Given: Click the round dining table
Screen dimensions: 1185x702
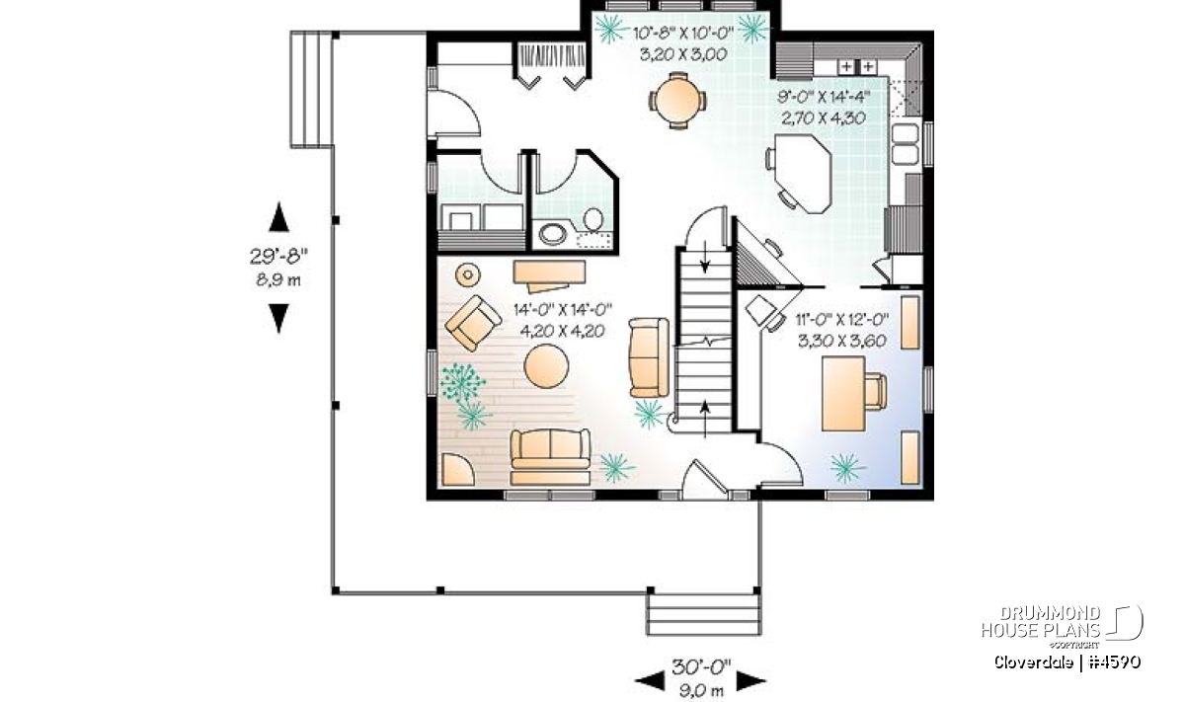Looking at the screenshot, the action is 677,100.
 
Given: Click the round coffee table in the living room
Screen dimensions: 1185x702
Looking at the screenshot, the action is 546,365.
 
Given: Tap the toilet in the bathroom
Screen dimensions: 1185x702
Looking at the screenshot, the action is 593,219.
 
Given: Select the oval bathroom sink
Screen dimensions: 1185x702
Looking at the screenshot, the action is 553,233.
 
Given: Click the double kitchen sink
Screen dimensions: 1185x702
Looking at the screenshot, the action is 905,143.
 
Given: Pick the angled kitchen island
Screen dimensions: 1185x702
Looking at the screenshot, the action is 803,173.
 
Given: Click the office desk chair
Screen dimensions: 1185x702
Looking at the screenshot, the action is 876,391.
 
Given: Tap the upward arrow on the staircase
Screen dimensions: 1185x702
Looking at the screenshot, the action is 705,419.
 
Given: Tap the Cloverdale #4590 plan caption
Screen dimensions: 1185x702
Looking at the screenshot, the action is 1067,663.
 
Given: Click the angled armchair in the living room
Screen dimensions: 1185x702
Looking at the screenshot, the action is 473,323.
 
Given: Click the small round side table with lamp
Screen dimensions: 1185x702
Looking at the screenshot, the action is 468,274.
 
